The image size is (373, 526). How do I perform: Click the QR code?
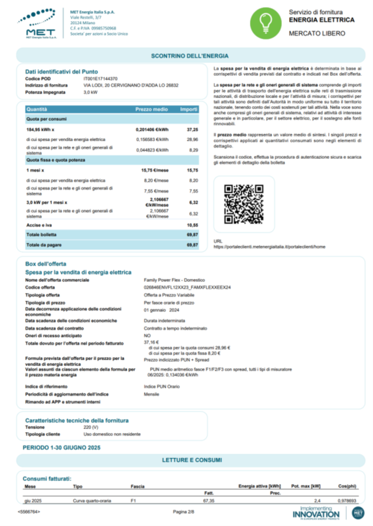[243, 204]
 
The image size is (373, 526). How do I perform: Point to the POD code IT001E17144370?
[100, 78]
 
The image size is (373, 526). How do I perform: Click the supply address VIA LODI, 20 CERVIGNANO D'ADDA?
[131, 85]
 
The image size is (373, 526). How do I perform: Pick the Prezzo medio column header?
[152, 109]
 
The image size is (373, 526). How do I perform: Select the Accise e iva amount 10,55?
[192, 224]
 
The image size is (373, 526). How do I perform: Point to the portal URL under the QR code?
[270, 247]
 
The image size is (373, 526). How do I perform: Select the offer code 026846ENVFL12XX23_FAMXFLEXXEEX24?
[187, 288]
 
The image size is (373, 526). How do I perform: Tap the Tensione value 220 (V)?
[92, 427]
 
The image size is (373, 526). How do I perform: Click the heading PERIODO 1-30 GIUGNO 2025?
[61, 447]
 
